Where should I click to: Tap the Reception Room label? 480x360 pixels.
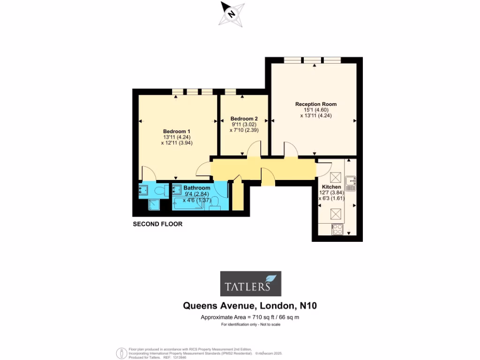(315, 104)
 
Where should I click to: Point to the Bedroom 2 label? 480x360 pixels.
(244, 119)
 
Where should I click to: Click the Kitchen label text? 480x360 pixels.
(331, 187)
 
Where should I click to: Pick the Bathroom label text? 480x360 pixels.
(196, 188)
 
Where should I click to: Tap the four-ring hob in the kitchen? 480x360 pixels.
(337, 229)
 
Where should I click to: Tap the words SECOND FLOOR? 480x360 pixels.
(157, 224)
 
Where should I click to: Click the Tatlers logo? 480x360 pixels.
(251, 284)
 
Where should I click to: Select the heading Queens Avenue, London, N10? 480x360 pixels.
(250, 306)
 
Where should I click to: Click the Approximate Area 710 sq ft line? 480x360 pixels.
(250, 317)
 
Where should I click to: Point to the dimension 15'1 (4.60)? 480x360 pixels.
(315, 110)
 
